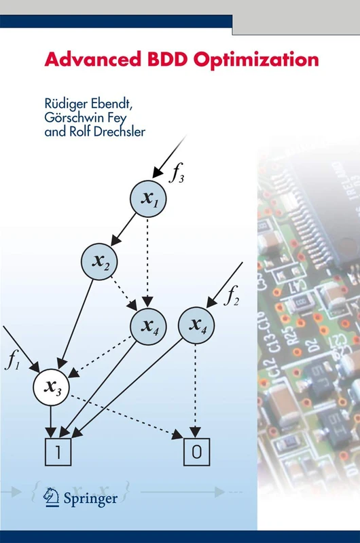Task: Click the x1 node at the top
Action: point(149,200)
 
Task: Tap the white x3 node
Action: point(52,387)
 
